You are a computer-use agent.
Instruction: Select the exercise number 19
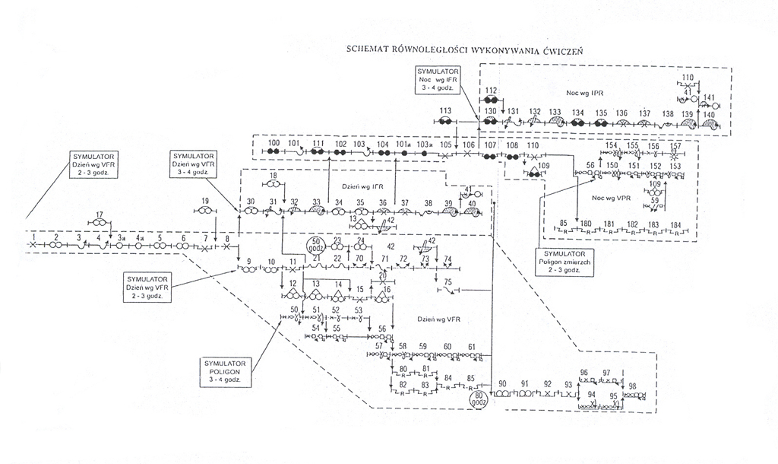[x=205, y=201]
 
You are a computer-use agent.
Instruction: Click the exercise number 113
[x=446, y=111]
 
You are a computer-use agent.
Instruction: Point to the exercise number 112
[x=491, y=91]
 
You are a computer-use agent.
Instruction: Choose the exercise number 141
[x=710, y=97]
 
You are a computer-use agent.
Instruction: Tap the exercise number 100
[x=274, y=143]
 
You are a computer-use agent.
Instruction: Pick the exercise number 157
[x=675, y=145]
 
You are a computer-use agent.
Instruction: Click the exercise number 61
[x=472, y=346]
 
